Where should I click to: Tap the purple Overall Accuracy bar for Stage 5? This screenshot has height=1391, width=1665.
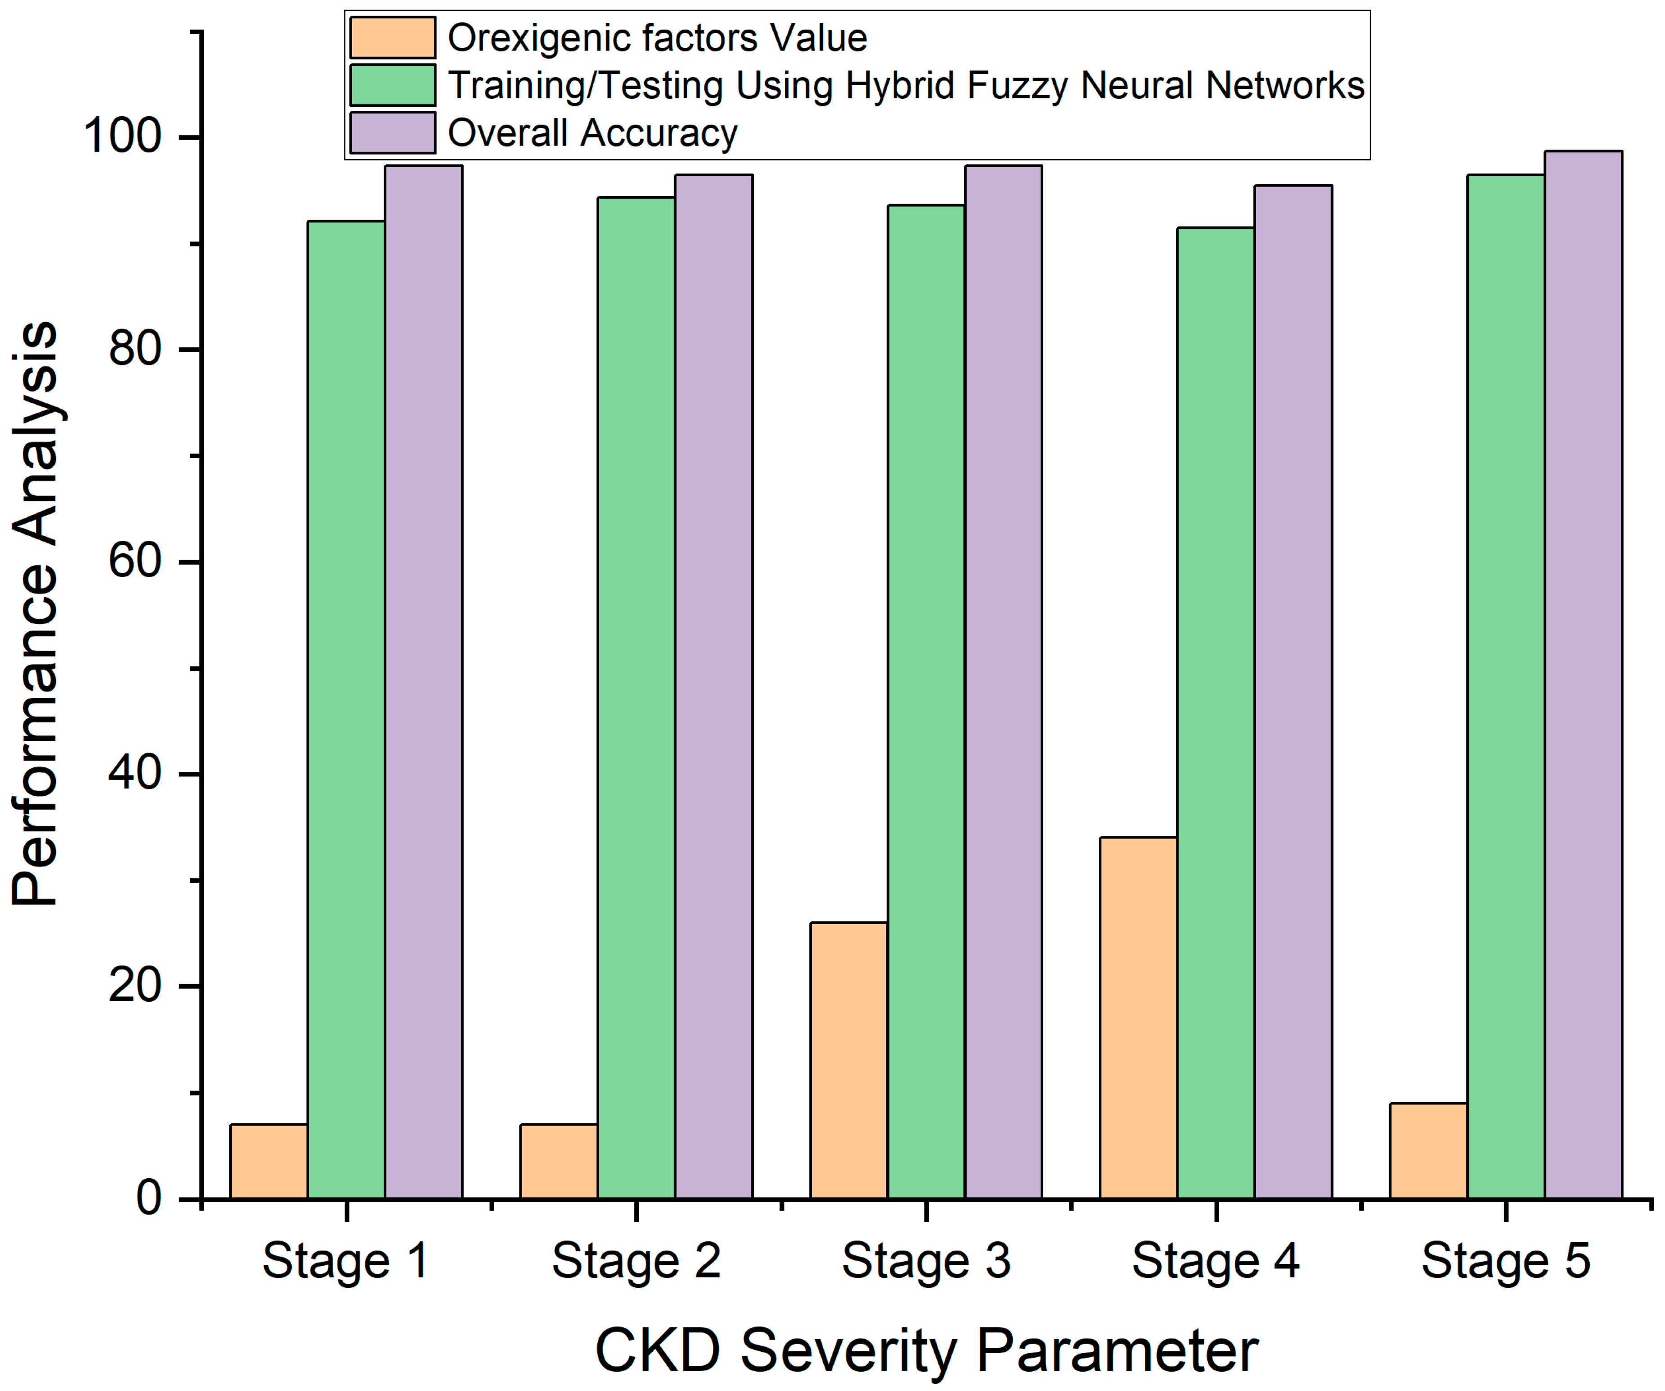(1582, 674)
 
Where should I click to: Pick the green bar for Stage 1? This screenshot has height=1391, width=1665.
(346, 709)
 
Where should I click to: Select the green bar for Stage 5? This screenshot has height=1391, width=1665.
(1505, 686)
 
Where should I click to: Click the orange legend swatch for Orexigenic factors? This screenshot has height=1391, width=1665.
(392, 38)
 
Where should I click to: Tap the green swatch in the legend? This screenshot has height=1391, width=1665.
(392, 85)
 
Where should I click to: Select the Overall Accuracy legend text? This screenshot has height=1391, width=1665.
(592, 132)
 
